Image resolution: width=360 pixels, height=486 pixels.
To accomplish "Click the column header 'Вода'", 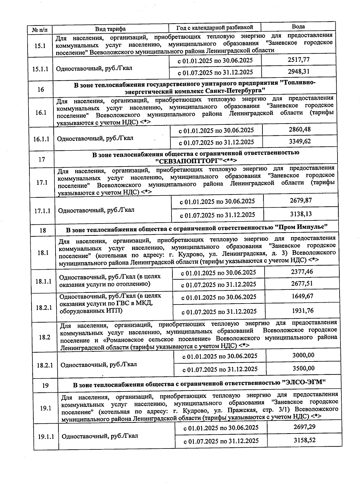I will [298, 26].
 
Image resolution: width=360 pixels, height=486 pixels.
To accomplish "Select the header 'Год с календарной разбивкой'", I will [214, 28].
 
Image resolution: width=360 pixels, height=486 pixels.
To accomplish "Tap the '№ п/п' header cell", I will [39, 30].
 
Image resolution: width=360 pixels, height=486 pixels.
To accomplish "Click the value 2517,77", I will [298, 60].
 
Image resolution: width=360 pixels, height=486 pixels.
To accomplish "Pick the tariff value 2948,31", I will [298, 72].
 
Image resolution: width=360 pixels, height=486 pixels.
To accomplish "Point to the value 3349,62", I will [300, 141].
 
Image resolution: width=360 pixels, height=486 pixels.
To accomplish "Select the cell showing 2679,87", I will [301, 200].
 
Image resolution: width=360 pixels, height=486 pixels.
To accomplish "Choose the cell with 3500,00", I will [303, 368].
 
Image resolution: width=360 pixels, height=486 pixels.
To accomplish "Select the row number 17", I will [42, 159].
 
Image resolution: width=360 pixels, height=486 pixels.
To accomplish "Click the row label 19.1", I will [46, 408].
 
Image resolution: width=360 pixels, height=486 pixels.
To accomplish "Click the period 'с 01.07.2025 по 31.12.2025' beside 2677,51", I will [219, 284].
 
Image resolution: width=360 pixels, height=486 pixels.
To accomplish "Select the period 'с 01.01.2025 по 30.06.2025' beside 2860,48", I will [216, 130].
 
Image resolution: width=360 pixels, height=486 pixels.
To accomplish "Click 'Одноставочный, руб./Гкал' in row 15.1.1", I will [94, 68].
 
